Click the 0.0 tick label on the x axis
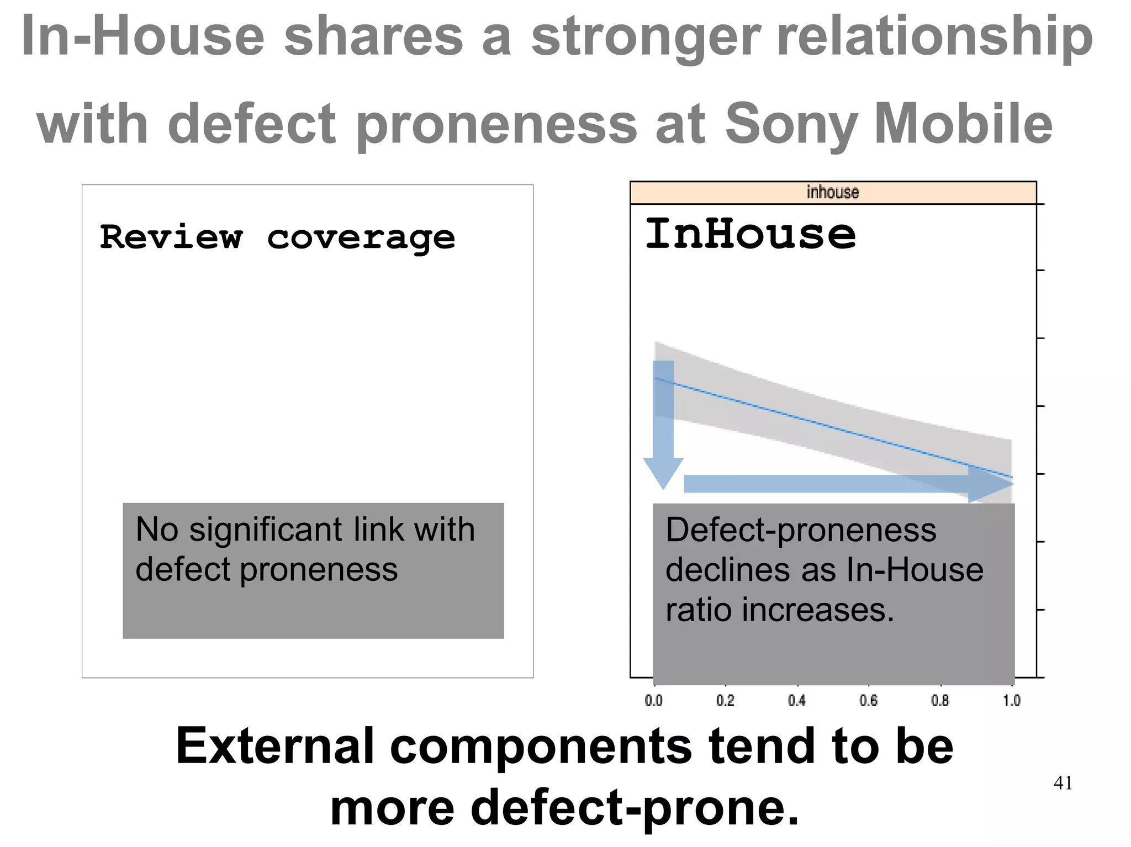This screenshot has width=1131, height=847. coord(654,701)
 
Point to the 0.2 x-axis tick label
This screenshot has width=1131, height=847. coord(725,701)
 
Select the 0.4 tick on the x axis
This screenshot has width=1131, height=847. coord(797,701)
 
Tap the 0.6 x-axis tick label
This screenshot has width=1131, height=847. coord(869,701)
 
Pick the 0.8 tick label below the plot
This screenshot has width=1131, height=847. coord(940,701)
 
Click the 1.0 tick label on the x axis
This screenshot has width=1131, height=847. coord(1012,701)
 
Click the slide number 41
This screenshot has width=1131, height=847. coord(1063,783)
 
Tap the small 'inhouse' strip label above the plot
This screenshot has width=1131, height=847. coord(833,192)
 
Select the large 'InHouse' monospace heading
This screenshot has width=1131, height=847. coord(751,234)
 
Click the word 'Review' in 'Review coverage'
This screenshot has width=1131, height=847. coord(171,237)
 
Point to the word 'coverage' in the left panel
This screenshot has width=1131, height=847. coord(361,239)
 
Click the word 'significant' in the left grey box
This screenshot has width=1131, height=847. coord(266,530)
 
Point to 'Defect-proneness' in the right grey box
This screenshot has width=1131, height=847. coord(801,530)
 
